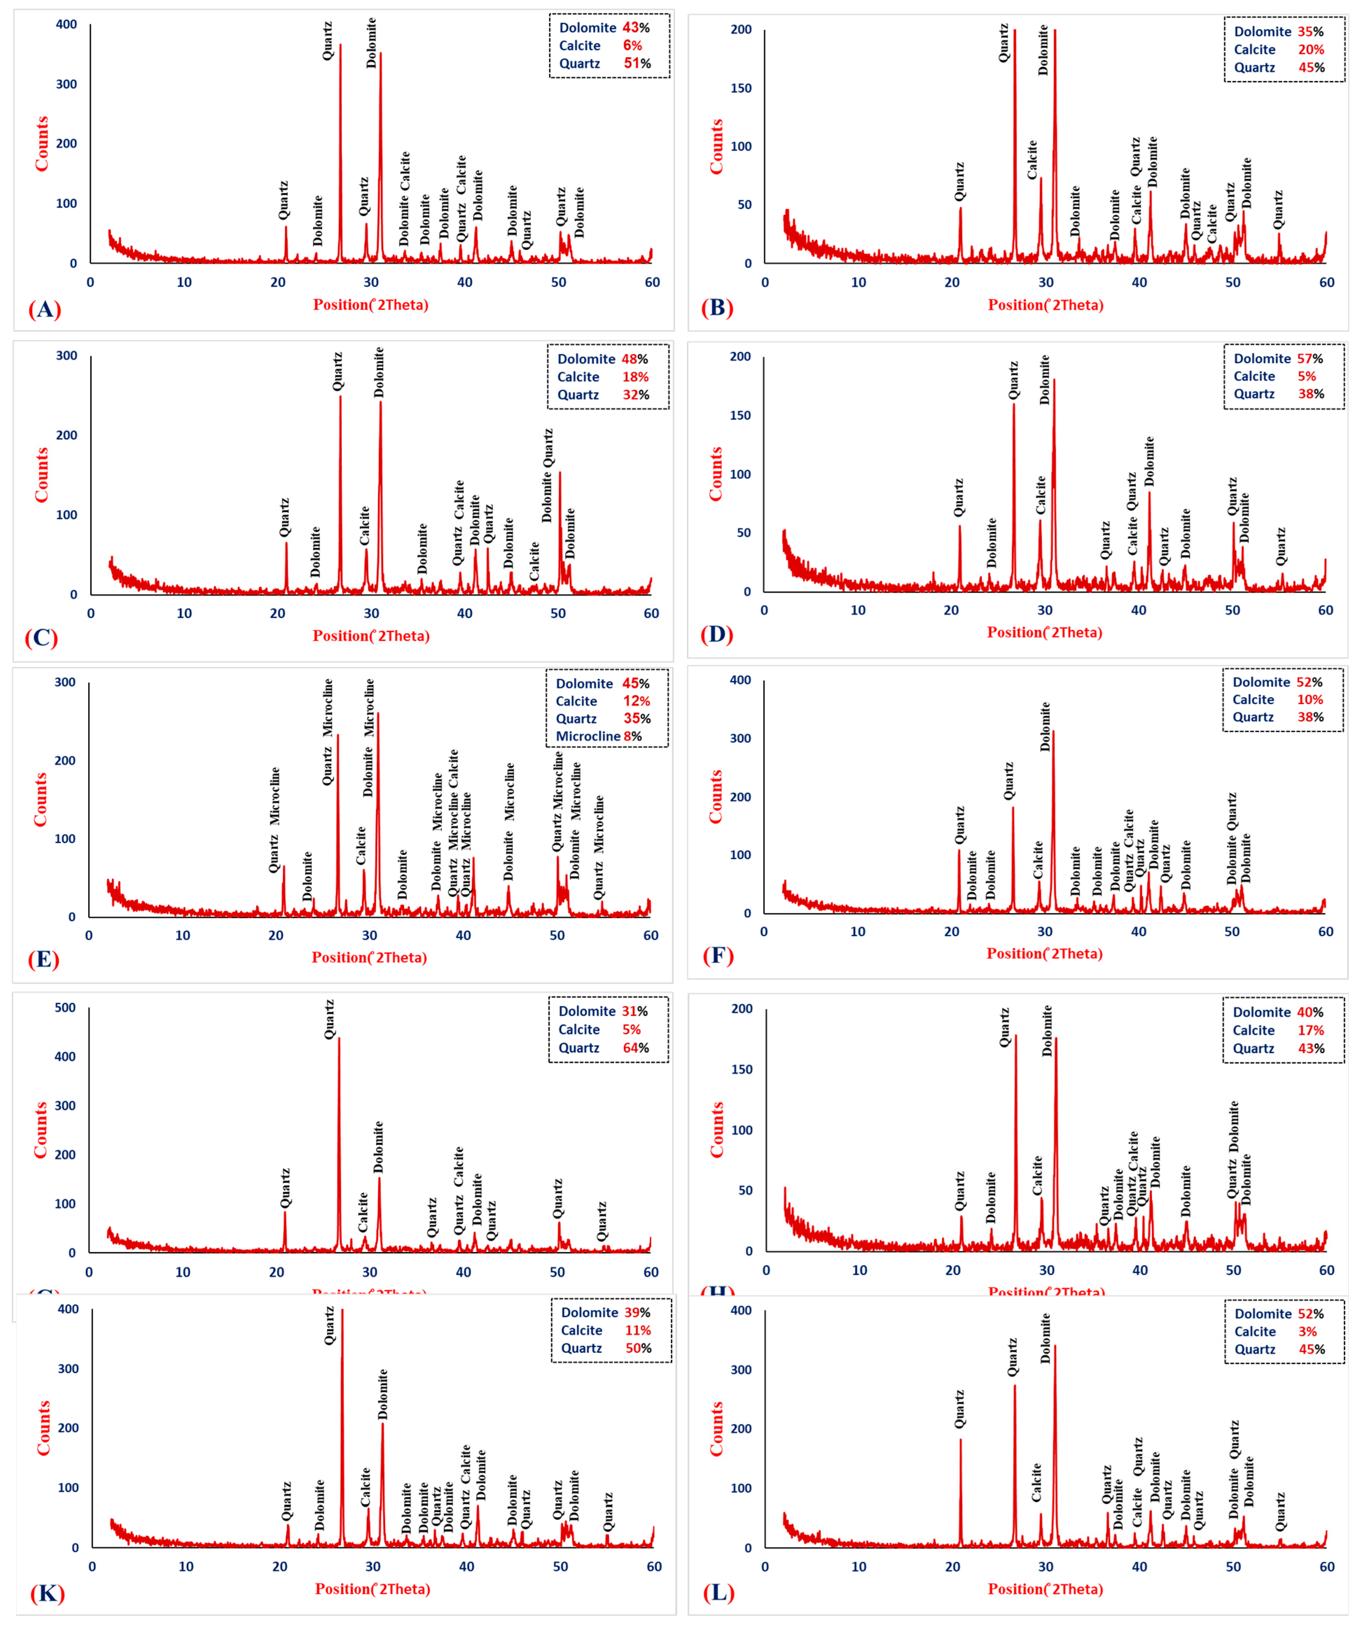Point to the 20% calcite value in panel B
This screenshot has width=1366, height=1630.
1311,50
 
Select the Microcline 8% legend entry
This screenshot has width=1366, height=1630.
598,736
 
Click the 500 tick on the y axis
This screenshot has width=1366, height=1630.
65,1008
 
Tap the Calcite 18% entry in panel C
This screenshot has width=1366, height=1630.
602,376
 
